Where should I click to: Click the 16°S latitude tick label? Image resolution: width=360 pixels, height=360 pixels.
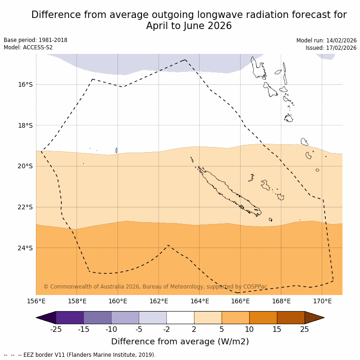(25, 84)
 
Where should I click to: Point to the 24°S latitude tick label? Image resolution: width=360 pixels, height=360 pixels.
(25, 248)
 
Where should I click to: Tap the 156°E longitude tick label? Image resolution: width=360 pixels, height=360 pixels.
(36, 301)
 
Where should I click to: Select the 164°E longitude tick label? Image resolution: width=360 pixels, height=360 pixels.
(200, 301)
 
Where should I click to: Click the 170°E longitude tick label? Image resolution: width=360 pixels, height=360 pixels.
(322, 301)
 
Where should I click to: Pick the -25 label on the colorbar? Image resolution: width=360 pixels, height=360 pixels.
(56, 329)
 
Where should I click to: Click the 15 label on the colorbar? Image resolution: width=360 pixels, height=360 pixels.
(277, 329)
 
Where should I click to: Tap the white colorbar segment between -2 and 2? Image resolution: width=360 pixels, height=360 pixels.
(180, 318)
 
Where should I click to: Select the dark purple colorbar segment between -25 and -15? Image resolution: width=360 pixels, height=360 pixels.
(70, 318)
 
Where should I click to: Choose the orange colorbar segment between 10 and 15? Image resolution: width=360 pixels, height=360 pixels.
(263, 318)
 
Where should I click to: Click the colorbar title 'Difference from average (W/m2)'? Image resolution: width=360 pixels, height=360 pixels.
(180, 342)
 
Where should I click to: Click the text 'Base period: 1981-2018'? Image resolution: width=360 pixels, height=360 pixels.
(35, 40)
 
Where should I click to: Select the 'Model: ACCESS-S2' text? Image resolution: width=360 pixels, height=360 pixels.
(28, 47)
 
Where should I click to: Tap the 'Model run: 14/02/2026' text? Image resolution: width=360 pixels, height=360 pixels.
(326, 41)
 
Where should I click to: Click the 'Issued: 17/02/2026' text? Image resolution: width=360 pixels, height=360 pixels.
(331, 48)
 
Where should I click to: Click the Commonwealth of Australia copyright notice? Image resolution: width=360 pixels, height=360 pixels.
(155, 287)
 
